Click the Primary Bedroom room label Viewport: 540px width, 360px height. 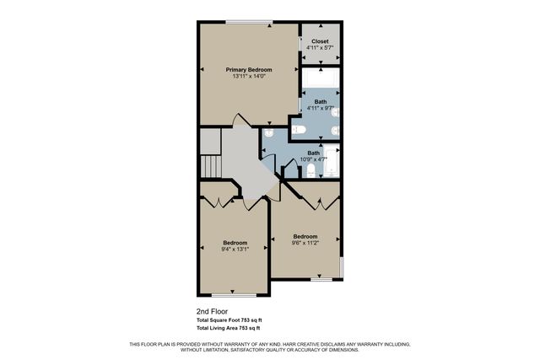click(249, 69)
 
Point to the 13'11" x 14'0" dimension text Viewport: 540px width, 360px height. click(249, 77)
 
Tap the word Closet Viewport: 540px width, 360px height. click(320, 40)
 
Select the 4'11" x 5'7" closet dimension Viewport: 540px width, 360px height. click(320, 48)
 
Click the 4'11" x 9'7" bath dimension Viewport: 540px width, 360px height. click(320, 108)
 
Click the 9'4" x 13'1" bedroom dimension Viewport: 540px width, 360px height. click(235, 249)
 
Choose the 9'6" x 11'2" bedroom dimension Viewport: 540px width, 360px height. click(305, 243)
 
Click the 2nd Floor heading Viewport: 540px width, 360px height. click(212, 311)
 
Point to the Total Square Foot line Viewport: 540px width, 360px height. click(229, 320)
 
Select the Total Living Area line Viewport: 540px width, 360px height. click(228, 329)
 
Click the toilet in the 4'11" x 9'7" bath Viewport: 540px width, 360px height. click(299, 130)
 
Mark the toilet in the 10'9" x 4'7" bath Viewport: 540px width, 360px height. click(310, 171)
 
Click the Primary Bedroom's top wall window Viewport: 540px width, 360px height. click(249, 23)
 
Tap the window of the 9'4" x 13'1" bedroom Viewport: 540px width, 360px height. click(234, 295)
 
